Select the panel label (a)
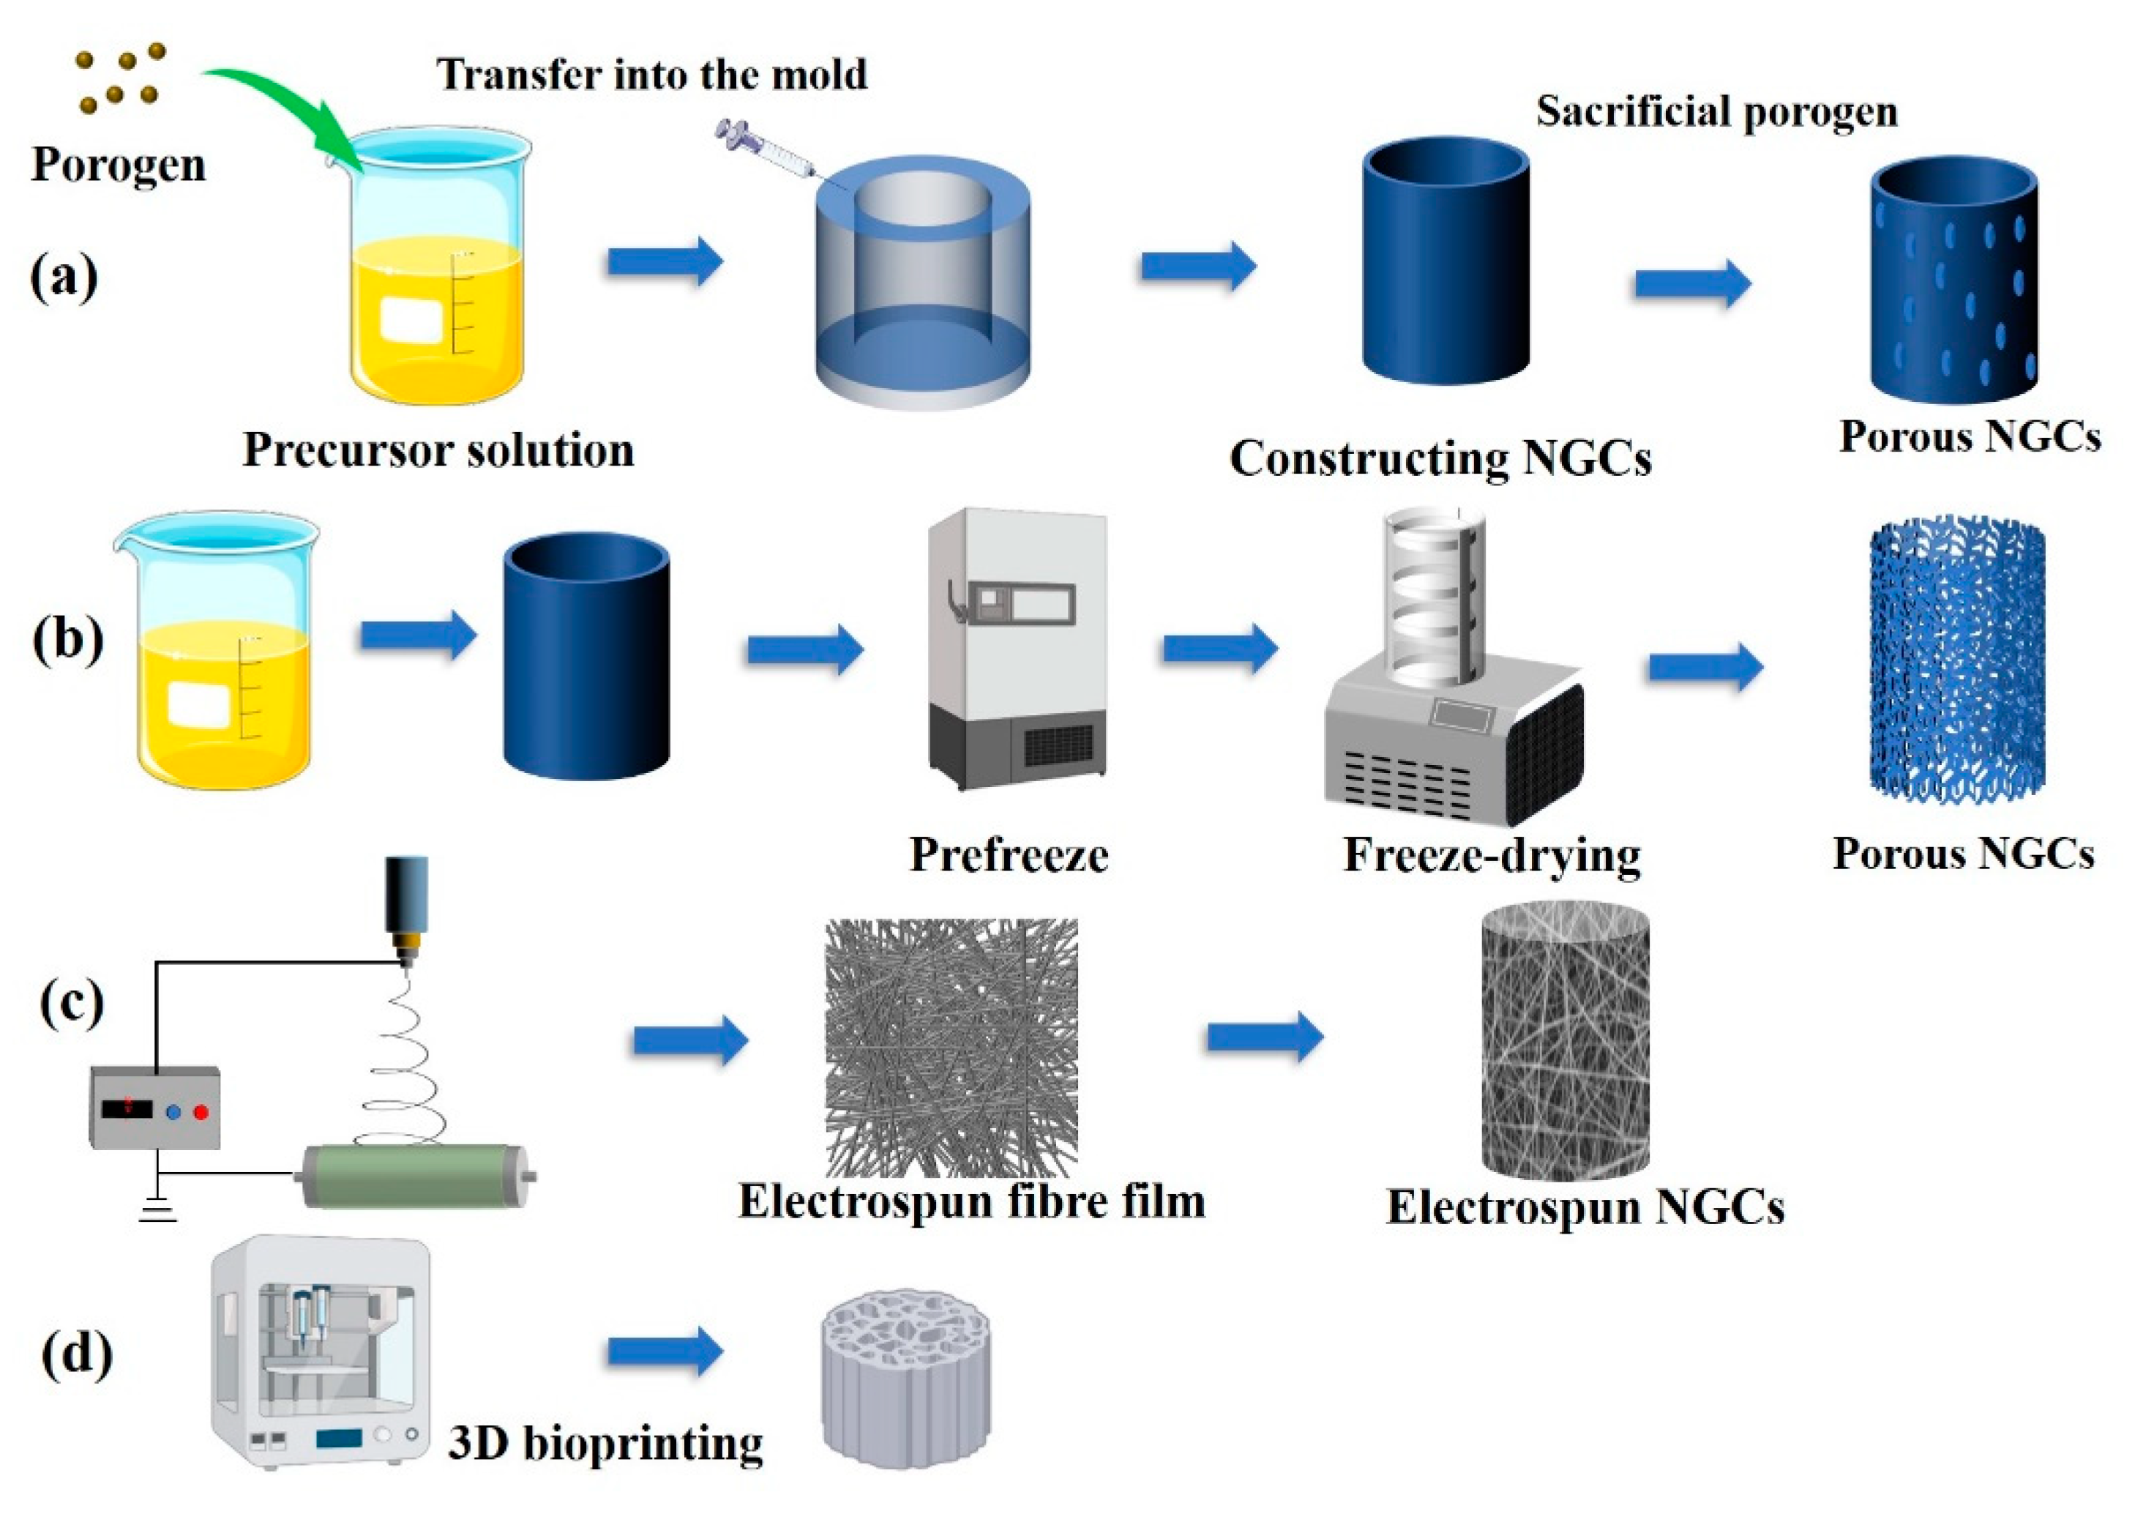pos(64,277)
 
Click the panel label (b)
pos(67,641)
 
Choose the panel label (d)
pos(77,1354)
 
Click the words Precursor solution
pos(438,451)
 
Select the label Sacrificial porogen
pos(1716,112)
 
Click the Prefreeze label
pos(1009,855)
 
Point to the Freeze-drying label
pos(1492,855)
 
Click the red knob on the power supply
pos(201,1111)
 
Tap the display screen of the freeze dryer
pos(1462,716)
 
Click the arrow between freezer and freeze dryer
pos(1219,647)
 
